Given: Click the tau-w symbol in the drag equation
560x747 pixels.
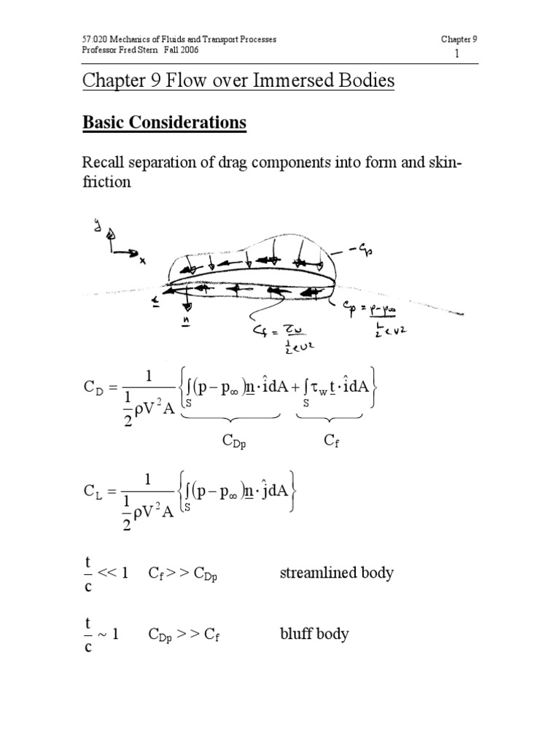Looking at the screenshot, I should (315, 398).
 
